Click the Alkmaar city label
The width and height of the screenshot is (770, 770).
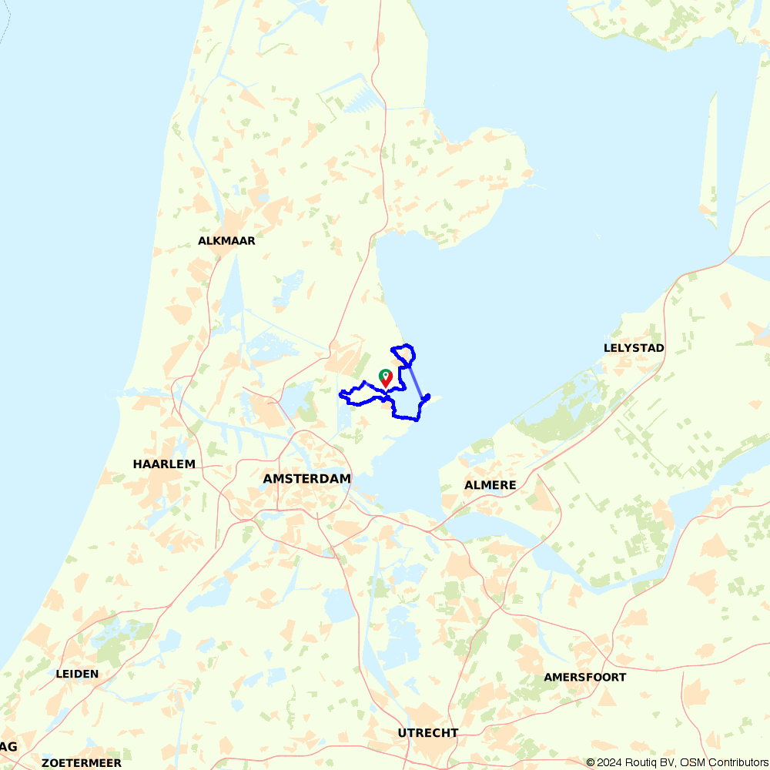226,241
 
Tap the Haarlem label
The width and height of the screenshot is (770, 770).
164,464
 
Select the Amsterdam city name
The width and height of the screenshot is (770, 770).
306,479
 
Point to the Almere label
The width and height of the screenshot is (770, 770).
490,485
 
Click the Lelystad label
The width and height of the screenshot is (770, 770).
634,348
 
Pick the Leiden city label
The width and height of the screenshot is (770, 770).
77,674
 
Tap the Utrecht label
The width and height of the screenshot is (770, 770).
428,733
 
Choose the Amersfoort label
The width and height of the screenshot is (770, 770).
584,678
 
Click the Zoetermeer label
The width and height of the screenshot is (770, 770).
82,763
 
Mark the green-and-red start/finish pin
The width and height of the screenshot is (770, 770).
386,377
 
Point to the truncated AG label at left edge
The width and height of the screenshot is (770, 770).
8,747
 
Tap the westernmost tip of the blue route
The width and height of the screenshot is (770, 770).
340,395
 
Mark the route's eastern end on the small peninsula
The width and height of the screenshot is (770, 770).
427,397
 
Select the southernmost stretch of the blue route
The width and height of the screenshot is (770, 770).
406,418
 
